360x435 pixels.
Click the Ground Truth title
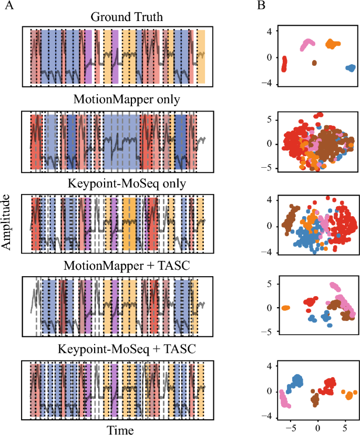click(x=119, y=17)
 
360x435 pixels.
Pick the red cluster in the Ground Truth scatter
click(x=284, y=64)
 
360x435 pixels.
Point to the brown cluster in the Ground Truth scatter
click(x=314, y=63)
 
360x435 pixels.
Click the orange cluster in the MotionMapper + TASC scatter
click(x=285, y=308)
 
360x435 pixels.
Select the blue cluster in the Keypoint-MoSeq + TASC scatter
click(x=297, y=380)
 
